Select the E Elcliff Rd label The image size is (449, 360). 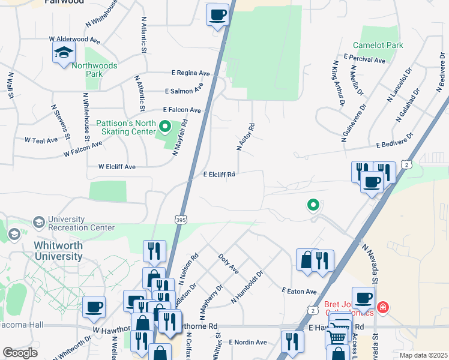(x=218, y=175)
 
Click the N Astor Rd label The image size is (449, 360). (x=246, y=137)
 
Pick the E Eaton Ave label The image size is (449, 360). (x=299, y=291)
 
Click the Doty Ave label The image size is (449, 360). (x=228, y=263)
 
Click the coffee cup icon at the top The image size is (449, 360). (x=217, y=14)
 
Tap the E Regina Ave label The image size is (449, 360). (x=190, y=73)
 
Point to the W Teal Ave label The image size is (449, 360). (x=41, y=140)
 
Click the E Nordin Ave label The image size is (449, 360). (x=247, y=342)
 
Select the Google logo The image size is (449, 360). (x=20, y=353)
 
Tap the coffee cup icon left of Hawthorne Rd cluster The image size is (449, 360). (x=94, y=307)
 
